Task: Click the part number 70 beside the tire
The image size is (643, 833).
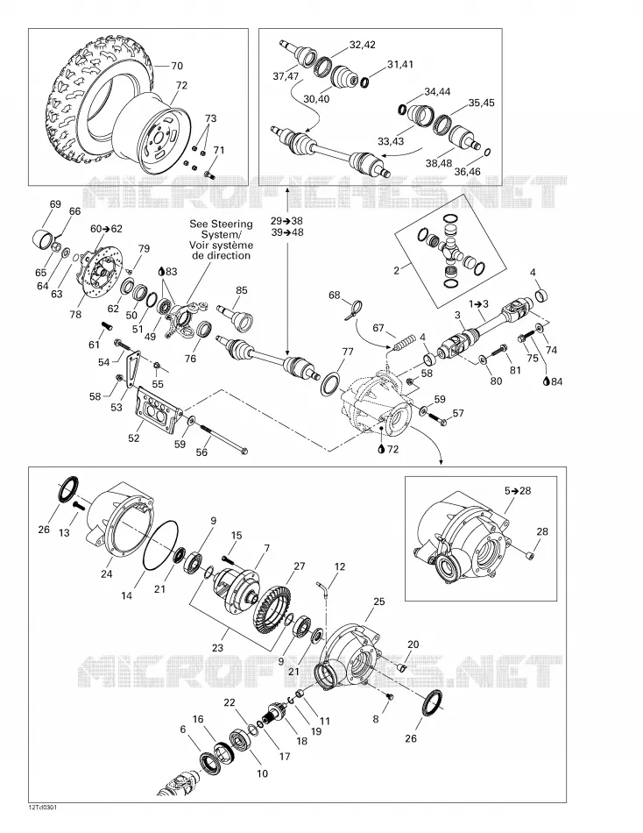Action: click(x=177, y=66)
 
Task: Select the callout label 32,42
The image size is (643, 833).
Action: click(x=362, y=45)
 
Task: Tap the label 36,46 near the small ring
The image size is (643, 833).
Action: click(x=467, y=172)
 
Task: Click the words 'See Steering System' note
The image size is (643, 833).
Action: click(x=221, y=229)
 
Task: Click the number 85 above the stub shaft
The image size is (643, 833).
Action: click(x=242, y=290)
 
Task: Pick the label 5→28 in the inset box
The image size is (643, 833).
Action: click(x=518, y=490)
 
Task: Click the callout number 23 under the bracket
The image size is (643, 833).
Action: click(x=217, y=648)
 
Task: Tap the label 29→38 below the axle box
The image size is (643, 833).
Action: click(x=286, y=220)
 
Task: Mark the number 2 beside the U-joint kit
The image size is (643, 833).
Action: click(x=396, y=271)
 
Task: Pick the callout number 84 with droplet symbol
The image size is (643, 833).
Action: click(x=553, y=381)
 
